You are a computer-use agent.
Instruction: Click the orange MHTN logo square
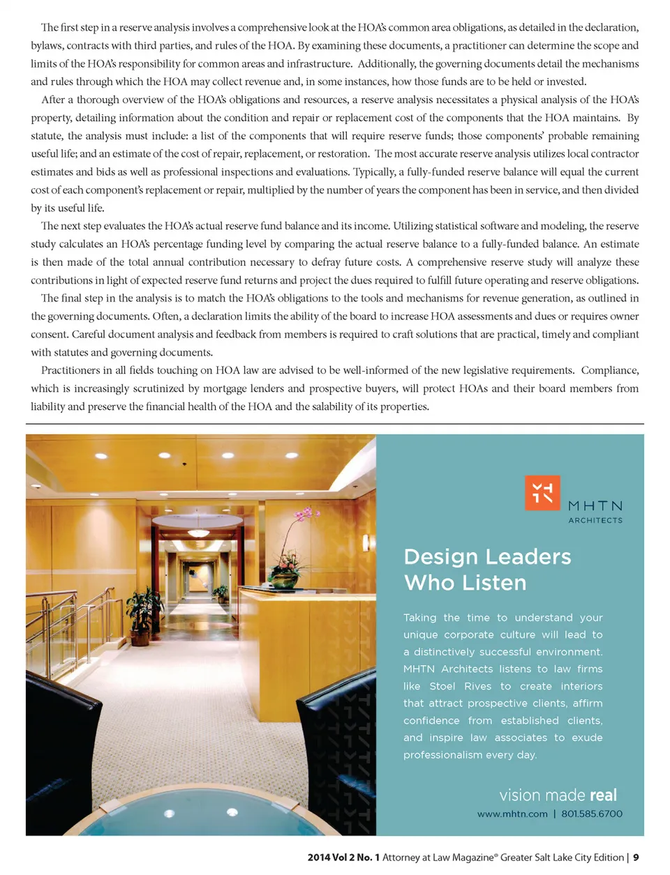pyautogui.click(x=542, y=493)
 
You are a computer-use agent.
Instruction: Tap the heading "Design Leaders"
pyautogui.click(x=487, y=556)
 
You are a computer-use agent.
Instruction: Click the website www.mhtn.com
pyautogui.click(x=512, y=814)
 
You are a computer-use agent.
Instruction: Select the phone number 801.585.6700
pyautogui.click(x=592, y=814)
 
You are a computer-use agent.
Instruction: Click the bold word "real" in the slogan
pyautogui.click(x=603, y=795)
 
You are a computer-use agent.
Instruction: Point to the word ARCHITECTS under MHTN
pyautogui.click(x=595, y=520)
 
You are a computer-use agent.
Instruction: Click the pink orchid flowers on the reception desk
pyautogui.click(x=305, y=517)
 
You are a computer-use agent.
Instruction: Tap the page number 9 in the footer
pyautogui.click(x=636, y=858)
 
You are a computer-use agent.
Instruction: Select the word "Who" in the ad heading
pyautogui.click(x=427, y=583)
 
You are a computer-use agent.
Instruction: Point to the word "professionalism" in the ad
pyautogui.click(x=442, y=754)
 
